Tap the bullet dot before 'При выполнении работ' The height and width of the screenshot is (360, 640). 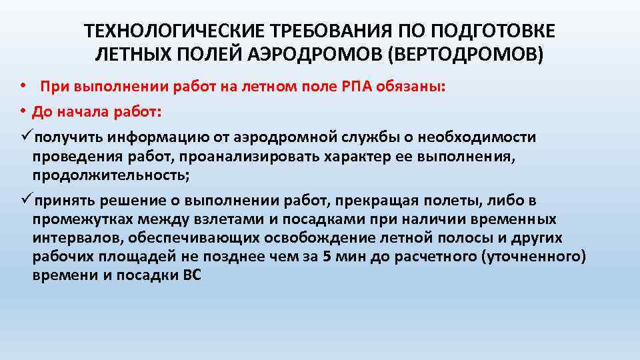pyautogui.click(x=22, y=87)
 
